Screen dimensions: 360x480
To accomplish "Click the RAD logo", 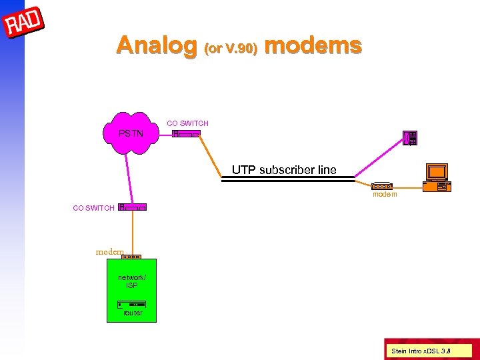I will [x=24, y=24].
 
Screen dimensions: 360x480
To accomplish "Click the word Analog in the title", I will [x=156, y=45].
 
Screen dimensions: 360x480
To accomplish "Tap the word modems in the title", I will [x=313, y=45].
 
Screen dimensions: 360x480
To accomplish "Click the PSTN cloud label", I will [x=131, y=133].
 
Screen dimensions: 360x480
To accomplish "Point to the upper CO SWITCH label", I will [x=187, y=123].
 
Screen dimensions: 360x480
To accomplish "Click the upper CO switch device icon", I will [x=186, y=134].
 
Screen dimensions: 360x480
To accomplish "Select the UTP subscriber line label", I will [x=284, y=170].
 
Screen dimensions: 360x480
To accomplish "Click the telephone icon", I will [x=411, y=138].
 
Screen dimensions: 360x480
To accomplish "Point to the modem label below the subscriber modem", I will [x=385, y=195].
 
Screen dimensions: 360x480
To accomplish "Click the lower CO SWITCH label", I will [x=93, y=208].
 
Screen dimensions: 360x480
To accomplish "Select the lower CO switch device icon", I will [x=132, y=207].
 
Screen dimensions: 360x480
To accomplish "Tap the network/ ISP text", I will [x=131, y=281].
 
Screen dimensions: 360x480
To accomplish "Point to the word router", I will [x=133, y=313].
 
